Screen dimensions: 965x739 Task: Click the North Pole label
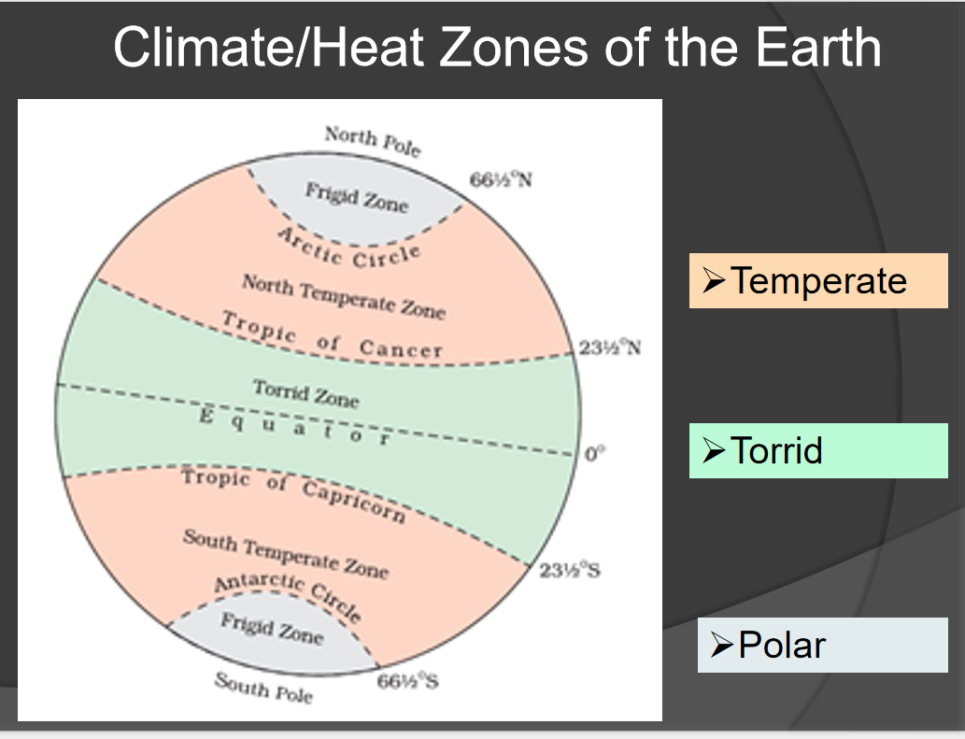[x=373, y=141]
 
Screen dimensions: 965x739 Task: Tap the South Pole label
[x=263, y=688]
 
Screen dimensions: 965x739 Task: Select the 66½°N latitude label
[x=501, y=179]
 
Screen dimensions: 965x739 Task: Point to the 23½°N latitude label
[x=609, y=347]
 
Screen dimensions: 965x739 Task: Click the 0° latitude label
[x=594, y=453]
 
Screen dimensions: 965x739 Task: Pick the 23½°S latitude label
[x=569, y=571]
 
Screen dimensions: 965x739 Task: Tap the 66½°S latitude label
[x=407, y=680]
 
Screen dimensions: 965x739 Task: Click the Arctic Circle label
[x=350, y=249]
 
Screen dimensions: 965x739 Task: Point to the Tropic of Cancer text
[x=333, y=336]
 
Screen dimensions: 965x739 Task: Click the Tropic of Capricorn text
[x=293, y=491]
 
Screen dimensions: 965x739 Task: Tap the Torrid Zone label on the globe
[x=305, y=394]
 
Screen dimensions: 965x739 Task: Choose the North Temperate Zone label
[x=344, y=297]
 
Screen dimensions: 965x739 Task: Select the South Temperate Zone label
[x=286, y=554]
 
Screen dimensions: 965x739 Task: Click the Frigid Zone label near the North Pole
[x=357, y=197]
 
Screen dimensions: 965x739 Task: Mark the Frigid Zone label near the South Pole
[x=272, y=629]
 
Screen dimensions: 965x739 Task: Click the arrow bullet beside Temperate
[x=714, y=280]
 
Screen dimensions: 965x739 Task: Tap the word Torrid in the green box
[x=776, y=450]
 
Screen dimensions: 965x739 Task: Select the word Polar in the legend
[x=782, y=645]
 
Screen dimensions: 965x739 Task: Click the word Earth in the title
[x=818, y=48]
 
